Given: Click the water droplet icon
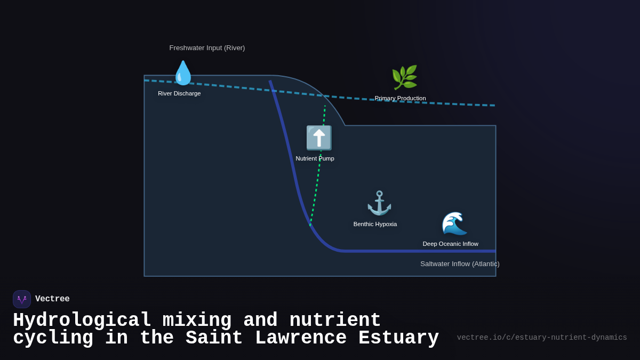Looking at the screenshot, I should (183, 73).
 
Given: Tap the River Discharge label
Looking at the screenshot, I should (179, 93).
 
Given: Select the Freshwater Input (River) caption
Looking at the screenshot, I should (207, 48).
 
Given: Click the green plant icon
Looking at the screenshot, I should (404, 78).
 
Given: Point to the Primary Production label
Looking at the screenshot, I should (400, 98).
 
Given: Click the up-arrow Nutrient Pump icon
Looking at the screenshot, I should (319, 138).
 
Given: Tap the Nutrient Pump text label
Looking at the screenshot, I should (315, 158).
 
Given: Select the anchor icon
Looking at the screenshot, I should (379, 203).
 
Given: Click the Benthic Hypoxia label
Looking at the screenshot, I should (375, 224).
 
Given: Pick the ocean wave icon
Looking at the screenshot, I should (454, 223).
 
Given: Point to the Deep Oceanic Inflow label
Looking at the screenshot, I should (450, 244).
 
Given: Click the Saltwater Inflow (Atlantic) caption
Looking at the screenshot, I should (460, 263).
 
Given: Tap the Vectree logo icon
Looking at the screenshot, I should (22, 299).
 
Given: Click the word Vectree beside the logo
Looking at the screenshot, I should (52, 299).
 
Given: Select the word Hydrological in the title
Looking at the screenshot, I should (82, 321).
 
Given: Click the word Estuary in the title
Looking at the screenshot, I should (398, 338).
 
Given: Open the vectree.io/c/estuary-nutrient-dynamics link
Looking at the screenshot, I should (542, 338).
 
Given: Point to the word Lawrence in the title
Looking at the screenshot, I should (301, 338).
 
